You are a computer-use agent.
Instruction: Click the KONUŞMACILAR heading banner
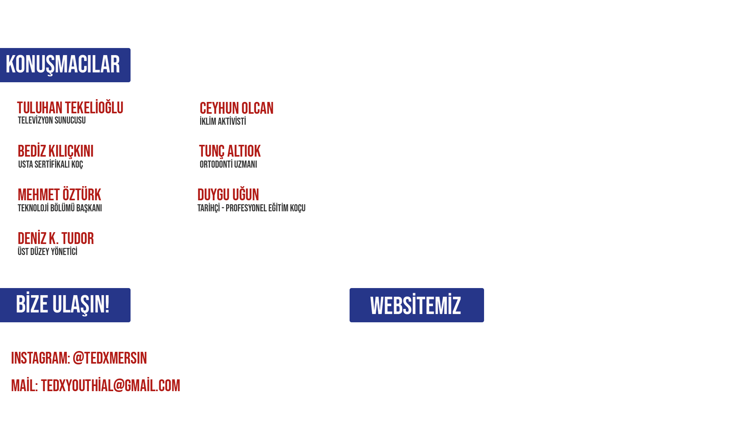point(65,65)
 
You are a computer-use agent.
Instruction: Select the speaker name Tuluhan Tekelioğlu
point(70,108)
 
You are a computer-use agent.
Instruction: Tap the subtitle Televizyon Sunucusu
point(52,120)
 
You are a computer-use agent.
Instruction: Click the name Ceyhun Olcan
point(236,109)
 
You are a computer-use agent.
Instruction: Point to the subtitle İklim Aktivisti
point(223,122)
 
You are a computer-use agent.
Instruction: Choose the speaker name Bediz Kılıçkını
point(55,152)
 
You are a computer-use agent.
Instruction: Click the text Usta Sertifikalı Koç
point(50,164)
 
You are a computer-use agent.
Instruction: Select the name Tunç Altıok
point(230,152)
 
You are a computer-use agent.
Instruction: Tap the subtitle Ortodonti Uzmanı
point(228,164)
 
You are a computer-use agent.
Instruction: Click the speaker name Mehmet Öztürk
point(59,195)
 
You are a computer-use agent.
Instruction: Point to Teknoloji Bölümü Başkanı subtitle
point(60,208)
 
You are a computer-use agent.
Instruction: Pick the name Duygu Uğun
point(228,195)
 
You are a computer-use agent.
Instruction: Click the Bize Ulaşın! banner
point(65,305)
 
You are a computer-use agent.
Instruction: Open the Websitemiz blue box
point(416,305)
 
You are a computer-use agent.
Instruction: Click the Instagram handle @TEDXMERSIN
point(110,358)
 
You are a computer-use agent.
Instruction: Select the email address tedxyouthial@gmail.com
point(110,386)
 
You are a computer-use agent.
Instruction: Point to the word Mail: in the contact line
point(24,386)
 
